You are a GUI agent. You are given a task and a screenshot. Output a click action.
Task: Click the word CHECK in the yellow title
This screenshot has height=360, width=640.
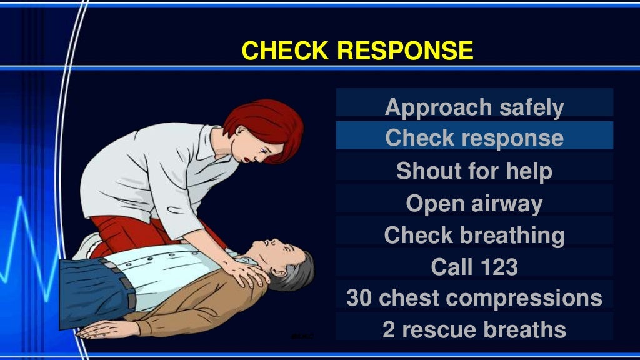(285, 50)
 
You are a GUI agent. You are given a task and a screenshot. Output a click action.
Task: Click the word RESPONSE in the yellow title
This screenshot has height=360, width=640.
(405, 50)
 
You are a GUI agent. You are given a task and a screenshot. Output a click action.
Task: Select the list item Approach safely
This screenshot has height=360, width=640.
(474, 107)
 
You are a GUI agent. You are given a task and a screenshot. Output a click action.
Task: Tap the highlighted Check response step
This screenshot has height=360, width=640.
(474, 137)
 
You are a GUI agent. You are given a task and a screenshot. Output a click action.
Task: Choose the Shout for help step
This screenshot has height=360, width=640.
(474, 171)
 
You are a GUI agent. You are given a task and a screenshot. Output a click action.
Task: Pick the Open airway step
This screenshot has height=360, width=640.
(474, 203)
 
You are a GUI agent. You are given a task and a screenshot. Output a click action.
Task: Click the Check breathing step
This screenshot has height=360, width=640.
(474, 236)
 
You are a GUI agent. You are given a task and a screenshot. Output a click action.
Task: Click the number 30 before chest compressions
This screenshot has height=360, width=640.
(359, 298)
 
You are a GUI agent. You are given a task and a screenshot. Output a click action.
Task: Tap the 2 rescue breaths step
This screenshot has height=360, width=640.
(474, 330)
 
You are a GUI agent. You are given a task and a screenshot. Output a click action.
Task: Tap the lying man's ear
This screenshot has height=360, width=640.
(279, 272)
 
